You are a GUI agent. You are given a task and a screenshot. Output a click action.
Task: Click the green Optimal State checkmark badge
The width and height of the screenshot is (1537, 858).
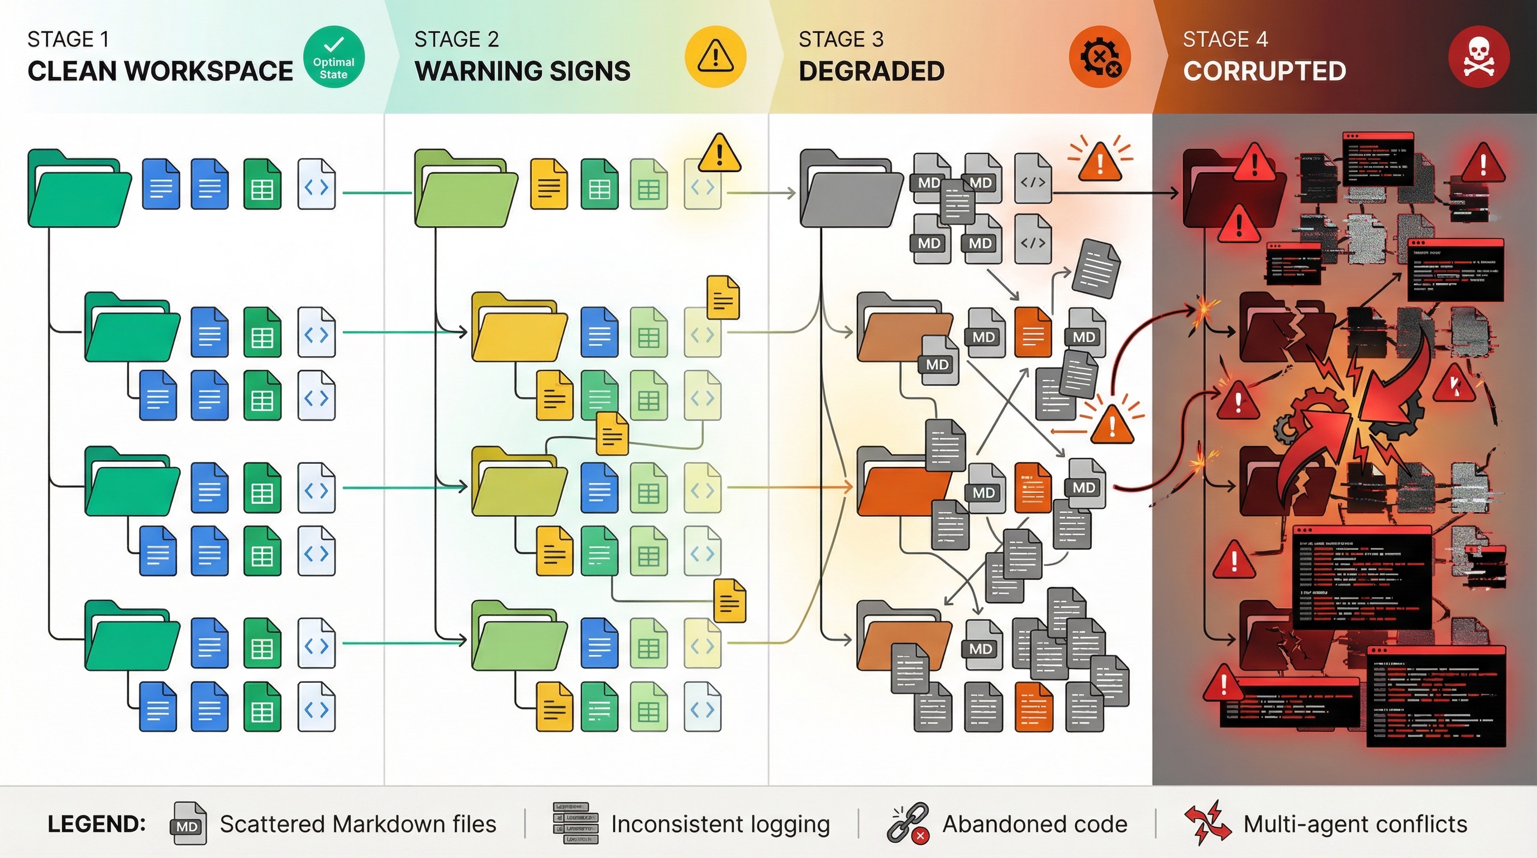click(333, 56)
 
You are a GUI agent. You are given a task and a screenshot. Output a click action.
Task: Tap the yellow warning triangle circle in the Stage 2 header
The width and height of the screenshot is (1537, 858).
click(715, 56)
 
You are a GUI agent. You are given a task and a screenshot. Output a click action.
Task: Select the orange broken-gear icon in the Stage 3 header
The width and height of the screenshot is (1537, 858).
click(1099, 56)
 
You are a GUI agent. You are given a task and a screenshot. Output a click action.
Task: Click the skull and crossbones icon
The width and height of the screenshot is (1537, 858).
click(1478, 56)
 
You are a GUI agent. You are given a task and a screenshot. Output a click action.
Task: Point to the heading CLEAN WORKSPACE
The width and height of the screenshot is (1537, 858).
click(160, 71)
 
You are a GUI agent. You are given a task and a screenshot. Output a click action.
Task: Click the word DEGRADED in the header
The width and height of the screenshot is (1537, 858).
click(871, 71)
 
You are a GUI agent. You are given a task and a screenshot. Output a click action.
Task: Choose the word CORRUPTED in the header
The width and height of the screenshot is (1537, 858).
click(1264, 71)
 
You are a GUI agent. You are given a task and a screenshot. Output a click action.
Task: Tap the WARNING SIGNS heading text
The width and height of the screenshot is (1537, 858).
click(522, 71)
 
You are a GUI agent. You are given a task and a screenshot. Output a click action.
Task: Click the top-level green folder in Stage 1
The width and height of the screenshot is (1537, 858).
click(79, 189)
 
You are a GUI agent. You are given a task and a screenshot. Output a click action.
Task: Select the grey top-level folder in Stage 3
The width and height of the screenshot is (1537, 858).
click(851, 189)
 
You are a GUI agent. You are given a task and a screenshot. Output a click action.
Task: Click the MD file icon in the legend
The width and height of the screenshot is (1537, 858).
click(189, 824)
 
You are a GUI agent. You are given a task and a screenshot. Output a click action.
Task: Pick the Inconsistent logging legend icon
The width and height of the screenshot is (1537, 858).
click(575, 824)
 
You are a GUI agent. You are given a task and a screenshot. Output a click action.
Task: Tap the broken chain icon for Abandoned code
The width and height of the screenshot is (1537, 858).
click(908, 823)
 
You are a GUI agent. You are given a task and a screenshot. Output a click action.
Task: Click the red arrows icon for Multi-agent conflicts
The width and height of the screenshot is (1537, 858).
click(1207, 823)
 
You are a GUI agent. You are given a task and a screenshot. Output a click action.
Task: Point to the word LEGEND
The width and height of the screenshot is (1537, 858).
click(97, 824)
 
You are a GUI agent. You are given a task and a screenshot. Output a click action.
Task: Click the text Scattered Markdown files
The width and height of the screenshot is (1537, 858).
click(357, 824)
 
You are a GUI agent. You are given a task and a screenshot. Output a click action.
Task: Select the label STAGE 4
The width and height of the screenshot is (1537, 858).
click(1225, 39)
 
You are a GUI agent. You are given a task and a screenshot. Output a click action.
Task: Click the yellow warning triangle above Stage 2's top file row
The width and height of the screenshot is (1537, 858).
click(719, 154)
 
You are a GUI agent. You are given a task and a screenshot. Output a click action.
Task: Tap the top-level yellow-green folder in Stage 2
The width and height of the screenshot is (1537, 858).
click(465, 189)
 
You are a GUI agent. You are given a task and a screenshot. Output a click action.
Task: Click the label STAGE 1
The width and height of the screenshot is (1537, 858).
click(68, 39)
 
